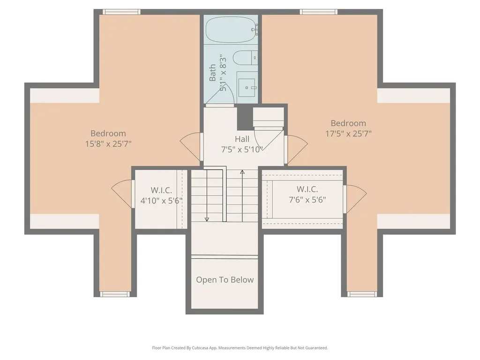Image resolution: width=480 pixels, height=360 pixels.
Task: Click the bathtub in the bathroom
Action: pos(231,30)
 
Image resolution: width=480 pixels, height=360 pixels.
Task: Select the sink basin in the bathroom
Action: pos(247,88)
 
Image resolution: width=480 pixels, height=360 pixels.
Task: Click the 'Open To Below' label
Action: pos(225,280)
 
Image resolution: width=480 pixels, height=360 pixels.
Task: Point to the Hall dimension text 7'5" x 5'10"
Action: pos(242,150)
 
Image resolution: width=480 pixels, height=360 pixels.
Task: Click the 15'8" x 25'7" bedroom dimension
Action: pos(108,143)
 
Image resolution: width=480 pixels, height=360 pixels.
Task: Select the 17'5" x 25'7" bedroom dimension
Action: pos(348,134)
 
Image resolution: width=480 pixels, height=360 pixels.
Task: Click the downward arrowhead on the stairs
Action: pos(207,219)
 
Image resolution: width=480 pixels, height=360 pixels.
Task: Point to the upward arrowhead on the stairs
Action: pos(242,172)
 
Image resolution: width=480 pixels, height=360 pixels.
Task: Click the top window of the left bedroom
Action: pos(121,12)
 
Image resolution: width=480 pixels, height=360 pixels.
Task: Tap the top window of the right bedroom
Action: pos(319,12)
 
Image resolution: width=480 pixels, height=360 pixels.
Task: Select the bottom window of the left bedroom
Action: pos(115,294)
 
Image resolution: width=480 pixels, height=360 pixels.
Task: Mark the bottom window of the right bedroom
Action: pos(362,294)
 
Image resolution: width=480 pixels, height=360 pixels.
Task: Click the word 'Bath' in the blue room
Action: pos(212,73)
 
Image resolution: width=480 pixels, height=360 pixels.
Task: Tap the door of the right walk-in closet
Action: pos(355,199)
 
